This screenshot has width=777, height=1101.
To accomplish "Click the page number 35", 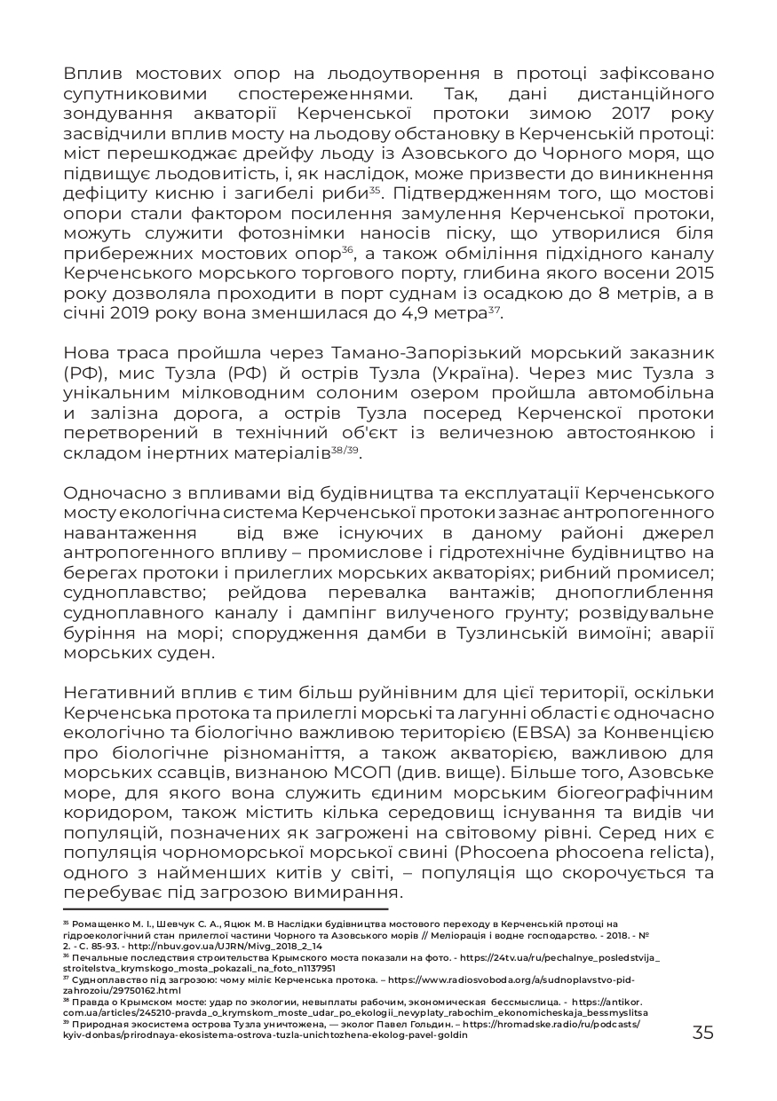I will (702, 1033).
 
